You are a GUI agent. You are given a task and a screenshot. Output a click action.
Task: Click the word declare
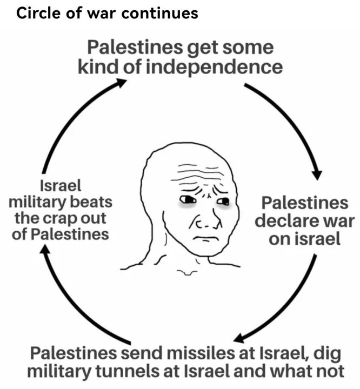280,221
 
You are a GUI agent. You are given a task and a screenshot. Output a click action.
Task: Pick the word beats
91,202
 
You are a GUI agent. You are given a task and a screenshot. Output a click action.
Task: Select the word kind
98,66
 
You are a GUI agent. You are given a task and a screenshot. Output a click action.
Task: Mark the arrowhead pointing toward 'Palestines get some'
121,83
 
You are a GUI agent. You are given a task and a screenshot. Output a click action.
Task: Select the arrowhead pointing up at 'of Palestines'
45,249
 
